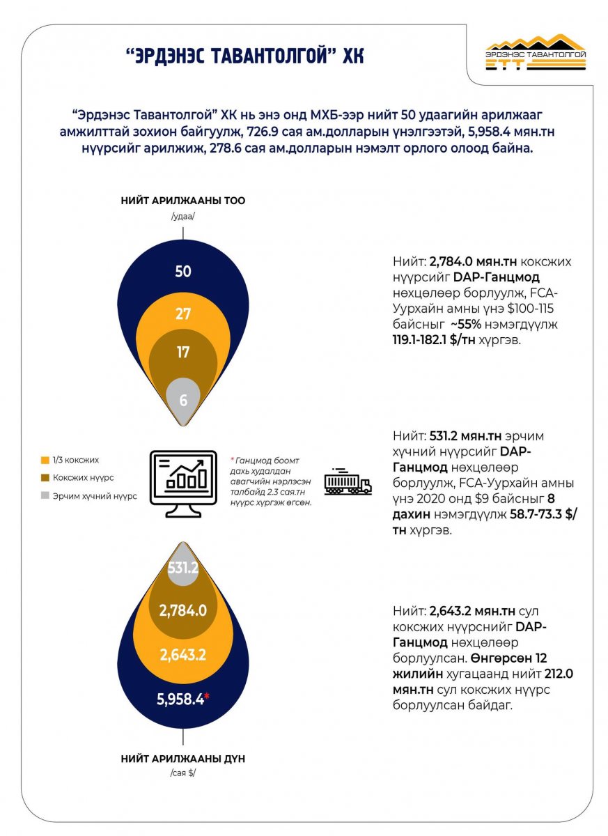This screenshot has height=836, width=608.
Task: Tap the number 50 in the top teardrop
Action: (182, 271)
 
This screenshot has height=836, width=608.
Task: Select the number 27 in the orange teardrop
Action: (182, 314)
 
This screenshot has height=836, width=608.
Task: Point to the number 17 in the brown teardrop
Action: (182, 352)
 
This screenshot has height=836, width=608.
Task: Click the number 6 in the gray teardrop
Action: (182, 401)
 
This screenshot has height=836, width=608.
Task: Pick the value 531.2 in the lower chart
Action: (183, 568)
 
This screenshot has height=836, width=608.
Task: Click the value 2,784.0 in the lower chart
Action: (183, 610)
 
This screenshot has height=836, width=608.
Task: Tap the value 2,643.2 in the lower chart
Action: (183, 656)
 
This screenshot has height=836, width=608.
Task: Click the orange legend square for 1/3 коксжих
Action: (45, 460)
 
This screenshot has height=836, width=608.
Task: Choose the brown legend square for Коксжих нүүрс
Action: (45, 477)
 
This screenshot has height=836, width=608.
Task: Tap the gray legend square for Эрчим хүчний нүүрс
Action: (45, 495)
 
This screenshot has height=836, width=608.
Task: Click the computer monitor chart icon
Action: (184, 481)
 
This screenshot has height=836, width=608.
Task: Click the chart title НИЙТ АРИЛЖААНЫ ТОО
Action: (182, 201)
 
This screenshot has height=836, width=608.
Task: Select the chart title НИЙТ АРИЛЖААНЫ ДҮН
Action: (182, 759)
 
